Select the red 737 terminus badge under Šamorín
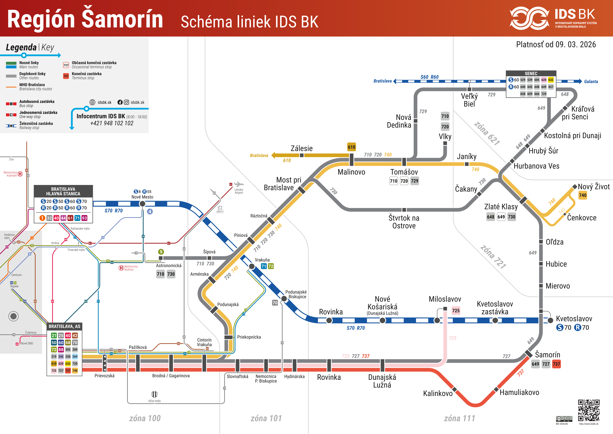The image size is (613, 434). point(556,364)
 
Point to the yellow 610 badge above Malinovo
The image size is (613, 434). point(351,147)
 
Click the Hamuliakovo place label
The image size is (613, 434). point(519,392)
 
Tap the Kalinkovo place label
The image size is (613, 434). point(438,393)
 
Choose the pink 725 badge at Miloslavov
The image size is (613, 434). point(456,311)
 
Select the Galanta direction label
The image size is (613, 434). point(591,82)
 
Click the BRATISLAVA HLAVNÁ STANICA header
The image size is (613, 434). point(63,191)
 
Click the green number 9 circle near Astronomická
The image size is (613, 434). point(161,252)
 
